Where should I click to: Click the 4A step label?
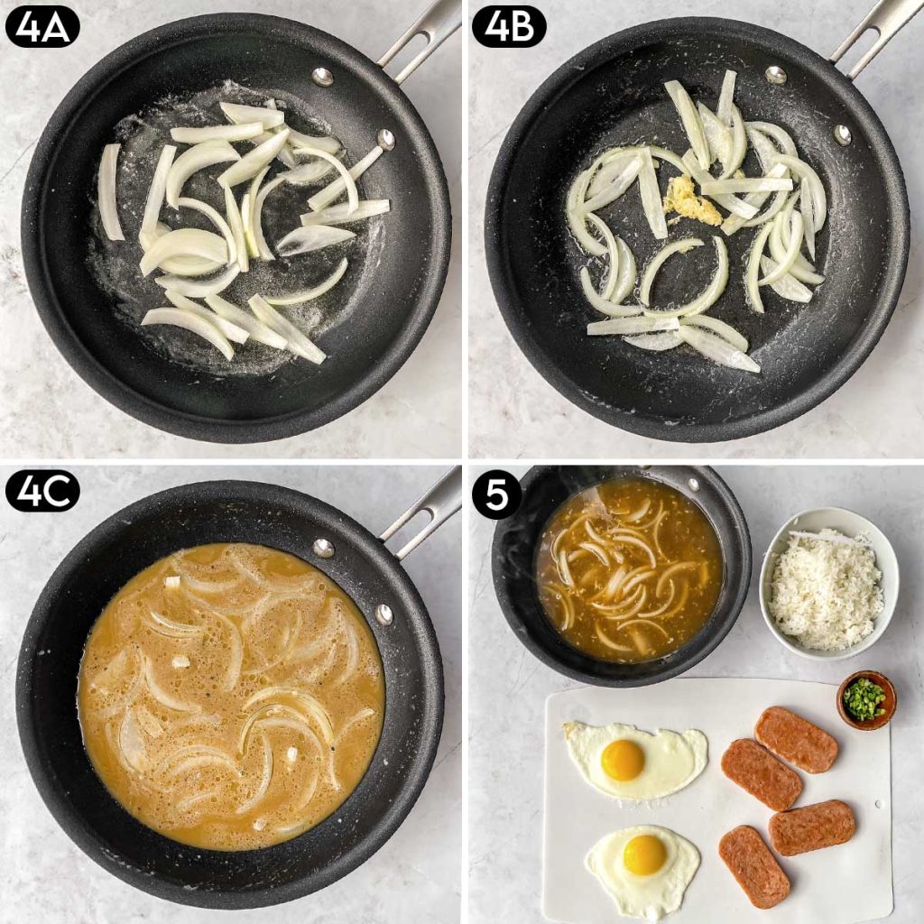point(42,28)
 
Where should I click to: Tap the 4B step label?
point(509,28)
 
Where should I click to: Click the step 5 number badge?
point(496,494)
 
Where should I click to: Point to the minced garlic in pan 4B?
point(691,201)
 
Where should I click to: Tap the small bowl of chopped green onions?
point(865,700)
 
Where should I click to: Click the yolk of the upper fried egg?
point(623,759)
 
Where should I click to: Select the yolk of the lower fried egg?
point(644,855)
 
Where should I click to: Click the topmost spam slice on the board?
point(796,739)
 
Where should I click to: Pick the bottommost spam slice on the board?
point(753,867)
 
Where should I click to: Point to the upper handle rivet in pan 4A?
point(322,77)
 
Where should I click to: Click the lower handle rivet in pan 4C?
point(384,614)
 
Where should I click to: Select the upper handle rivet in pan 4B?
point(775,75)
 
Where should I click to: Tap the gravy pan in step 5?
point(622,575)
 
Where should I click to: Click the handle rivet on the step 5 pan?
point(693,485)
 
